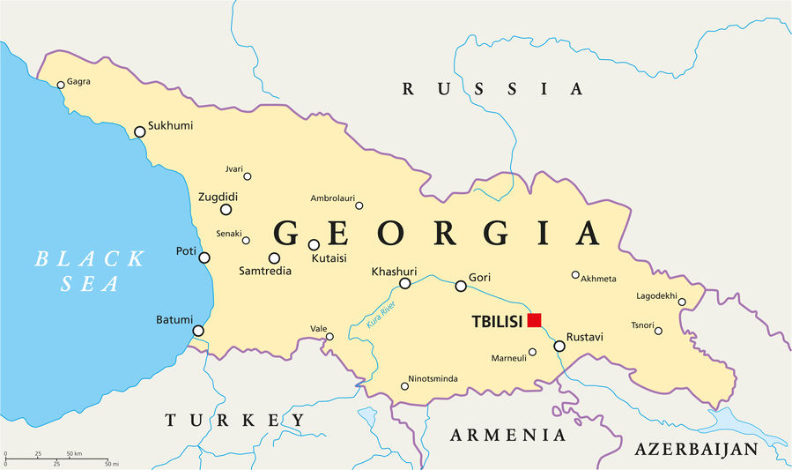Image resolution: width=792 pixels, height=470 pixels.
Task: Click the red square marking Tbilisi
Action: pyautogui.click(x=534, y=320)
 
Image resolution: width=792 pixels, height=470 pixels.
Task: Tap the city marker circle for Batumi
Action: pyautogui.click(x=198, y=331)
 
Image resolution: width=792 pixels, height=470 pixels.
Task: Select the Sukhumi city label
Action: pyautogui.click(x=171, y=126)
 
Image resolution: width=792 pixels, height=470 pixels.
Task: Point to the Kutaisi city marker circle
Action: pyautogui.click(x=314, y=244)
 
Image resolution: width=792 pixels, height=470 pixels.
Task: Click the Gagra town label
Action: pyautogui.click(x=78, y=82)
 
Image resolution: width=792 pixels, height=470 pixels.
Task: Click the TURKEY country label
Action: pyautogui.click(x=235, y=421)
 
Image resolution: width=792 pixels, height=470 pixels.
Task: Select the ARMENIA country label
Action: pyautogui.click(x=508, y=435)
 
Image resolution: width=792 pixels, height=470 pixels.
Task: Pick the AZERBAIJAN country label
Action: pyautogui.click(x=696, y=450)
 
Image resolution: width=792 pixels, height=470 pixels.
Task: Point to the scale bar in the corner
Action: pyautogui.click(x=56, y=459)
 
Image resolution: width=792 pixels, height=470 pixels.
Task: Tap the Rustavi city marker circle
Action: pyautogui.click(x=559, y=346)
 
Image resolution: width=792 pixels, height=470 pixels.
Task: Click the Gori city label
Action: pyautogui.click(x=479, y=277)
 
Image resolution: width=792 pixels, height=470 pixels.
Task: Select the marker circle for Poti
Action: pyautogui.click(x=204, y=257)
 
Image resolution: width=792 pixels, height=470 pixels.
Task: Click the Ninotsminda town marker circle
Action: pyautogui.click(x=404, y=385)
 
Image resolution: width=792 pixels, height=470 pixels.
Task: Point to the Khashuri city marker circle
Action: pyautogui.click(x=405, y=283)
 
